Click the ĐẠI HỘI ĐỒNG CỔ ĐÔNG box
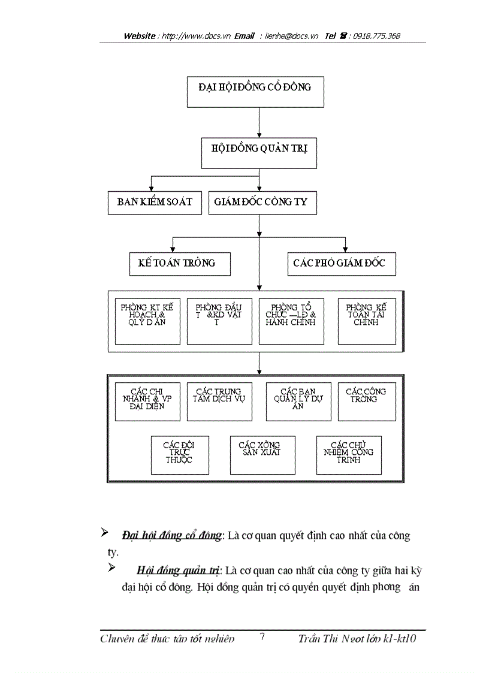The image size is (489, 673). point(255,92)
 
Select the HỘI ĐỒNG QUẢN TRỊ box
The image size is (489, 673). point(258,153)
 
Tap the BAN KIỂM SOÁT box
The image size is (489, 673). point(155,203)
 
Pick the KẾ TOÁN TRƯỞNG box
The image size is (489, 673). point(180,264)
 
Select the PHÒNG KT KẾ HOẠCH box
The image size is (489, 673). point(147,321)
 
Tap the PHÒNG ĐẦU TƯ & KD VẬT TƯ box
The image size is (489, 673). point(219,321)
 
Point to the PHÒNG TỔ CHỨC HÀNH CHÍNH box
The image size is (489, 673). point(291,321)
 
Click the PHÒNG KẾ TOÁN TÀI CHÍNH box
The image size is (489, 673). point(367,321)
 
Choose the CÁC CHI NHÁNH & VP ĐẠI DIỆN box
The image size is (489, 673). point(147,402)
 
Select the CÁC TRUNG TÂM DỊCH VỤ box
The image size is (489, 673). point(219,402)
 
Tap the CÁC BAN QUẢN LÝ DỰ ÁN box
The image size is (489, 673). point(298,402)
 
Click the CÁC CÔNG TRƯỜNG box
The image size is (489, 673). point(367,402)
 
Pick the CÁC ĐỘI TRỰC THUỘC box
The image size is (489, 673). point(180,455)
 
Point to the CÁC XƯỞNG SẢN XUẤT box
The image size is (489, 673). point(262,455)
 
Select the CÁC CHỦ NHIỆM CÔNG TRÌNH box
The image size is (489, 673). point(349,455)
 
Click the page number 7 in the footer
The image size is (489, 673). point(262,637)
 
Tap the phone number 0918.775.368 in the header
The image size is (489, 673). point(376,36)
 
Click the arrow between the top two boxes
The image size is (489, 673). point(258,123)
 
